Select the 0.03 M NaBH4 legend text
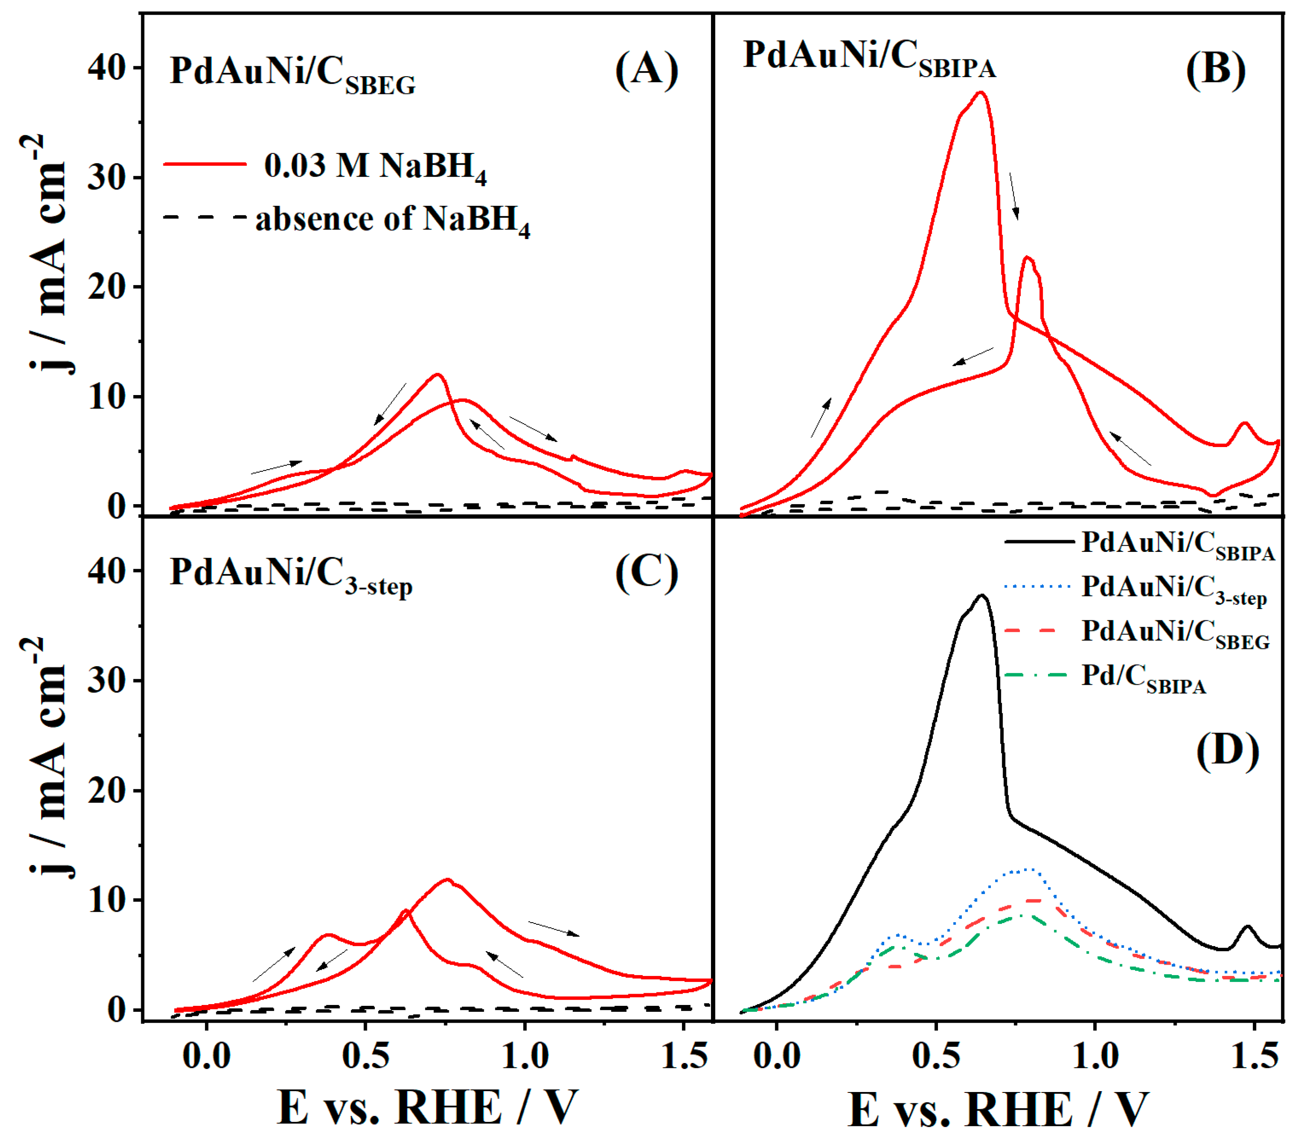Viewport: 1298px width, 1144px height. (375, 166)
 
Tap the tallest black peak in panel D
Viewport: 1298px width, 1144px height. (982, 596)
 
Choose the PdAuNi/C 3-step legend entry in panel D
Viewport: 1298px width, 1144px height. (1174, 588)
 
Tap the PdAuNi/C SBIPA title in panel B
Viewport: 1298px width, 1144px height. (869, 58)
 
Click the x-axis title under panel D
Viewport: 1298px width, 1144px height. (998, 1110)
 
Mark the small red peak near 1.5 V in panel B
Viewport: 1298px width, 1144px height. (1244, 424)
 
